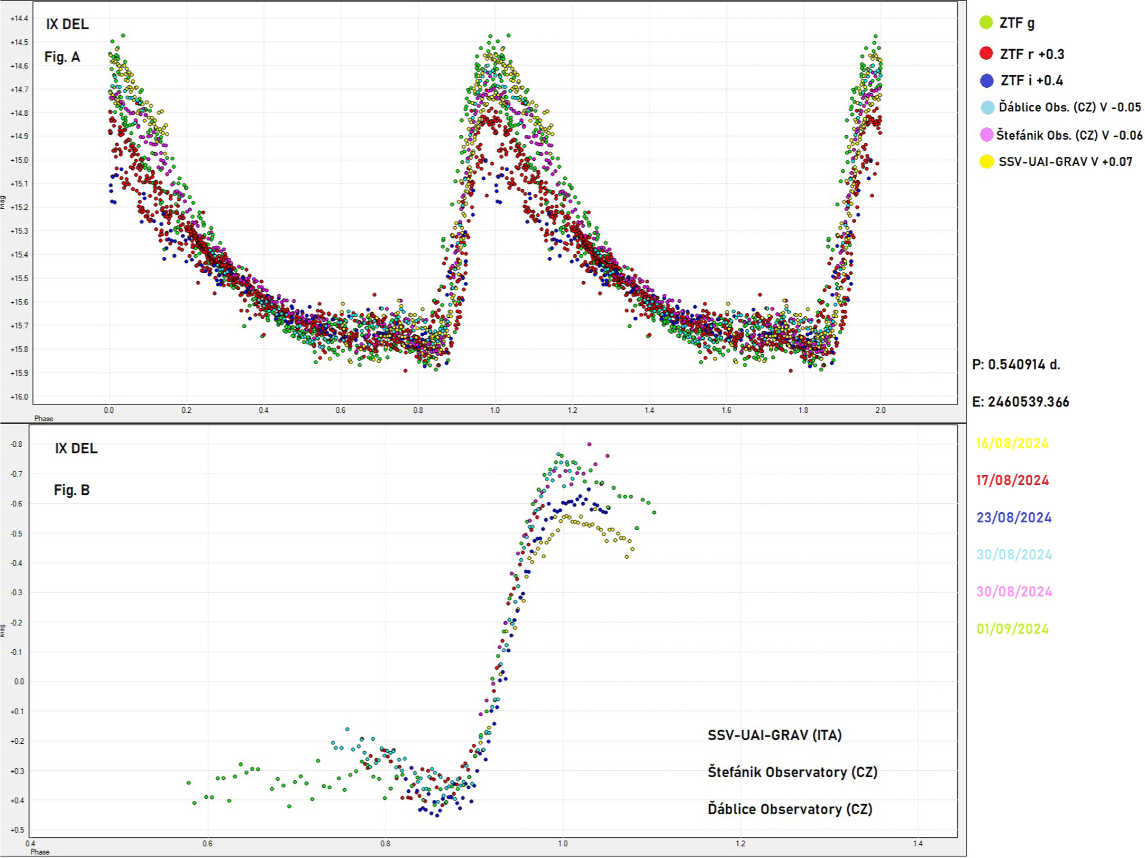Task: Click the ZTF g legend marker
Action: [x=986, y=23]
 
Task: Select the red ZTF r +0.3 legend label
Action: [x=1031, y=54]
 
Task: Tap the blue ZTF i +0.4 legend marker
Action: [x=986, y=80]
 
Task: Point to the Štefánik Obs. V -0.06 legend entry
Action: [x=1068, y=135]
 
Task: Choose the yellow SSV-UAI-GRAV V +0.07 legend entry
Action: [x=1065, y=162]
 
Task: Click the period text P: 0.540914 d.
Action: [x=1016, y=364]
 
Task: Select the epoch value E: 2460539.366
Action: [x=1020, y=402]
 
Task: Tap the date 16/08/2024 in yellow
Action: [x=1012, y=443]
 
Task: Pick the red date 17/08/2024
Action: [x=1012, y=480]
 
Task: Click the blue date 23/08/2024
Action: [x=1013, y=518]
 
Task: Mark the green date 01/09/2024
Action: [x=1012, y=629]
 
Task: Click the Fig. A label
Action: [x=62, y=57]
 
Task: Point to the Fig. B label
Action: [x=72, y=490]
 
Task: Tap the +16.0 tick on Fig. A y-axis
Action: [x=19, y=396]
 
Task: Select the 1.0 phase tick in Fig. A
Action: [x=494, y=410]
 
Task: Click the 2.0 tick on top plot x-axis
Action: [x=880, y=410]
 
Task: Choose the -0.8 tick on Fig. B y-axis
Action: [x=17, y=444]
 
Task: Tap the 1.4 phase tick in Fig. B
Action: [x=918, y=844]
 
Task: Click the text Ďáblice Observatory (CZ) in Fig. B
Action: [x=790, y=809]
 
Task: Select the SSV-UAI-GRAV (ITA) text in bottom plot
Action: [x=774, y=735]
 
